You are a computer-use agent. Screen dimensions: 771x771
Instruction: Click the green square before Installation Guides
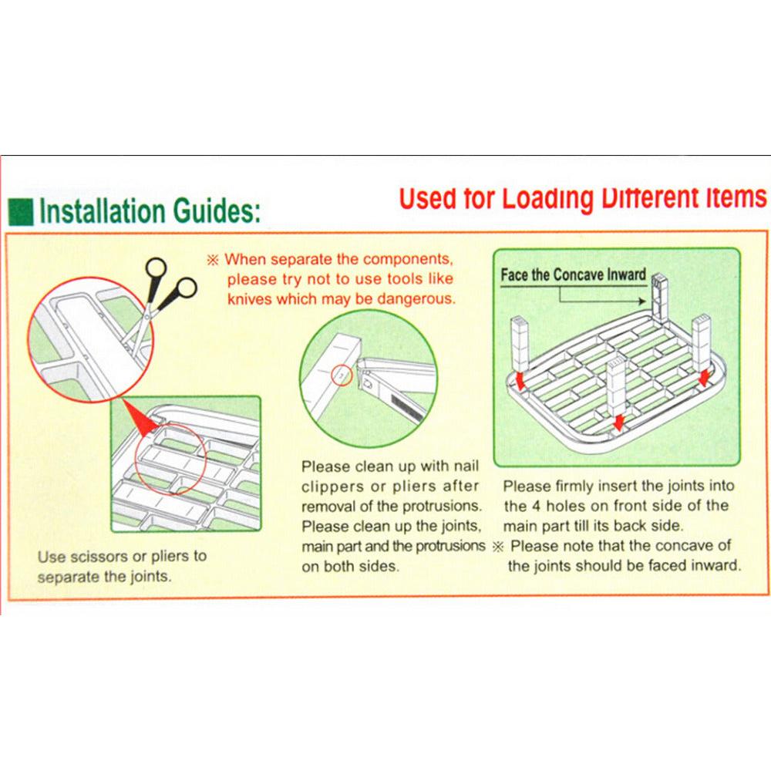click(21, 212)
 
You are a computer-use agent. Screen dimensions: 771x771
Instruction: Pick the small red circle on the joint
click(342, 375)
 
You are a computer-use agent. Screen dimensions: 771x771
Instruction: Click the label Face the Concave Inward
click(573, 275)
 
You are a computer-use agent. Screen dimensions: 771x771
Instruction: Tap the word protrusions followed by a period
click(442, 507)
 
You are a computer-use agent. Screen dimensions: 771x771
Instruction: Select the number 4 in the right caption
click(537, 506)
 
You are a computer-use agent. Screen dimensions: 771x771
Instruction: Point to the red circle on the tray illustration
click(170, 458)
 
